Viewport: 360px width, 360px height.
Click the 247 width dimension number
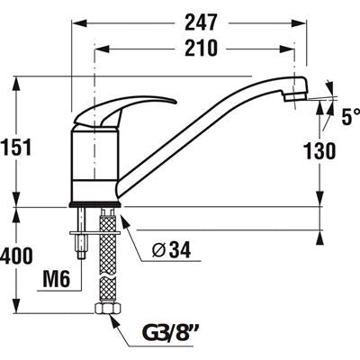click(201, 22)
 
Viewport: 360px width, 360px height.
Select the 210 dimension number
click(201, 48)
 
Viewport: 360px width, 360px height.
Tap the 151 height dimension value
click(15, 148)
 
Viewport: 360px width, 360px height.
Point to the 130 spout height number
click(319, 151)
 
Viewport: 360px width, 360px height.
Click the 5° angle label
click(350, 116)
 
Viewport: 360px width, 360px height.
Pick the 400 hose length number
click(15, 256)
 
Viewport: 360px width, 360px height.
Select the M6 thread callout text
click(57, 279)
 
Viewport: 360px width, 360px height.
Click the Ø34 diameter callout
click(171, 249)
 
